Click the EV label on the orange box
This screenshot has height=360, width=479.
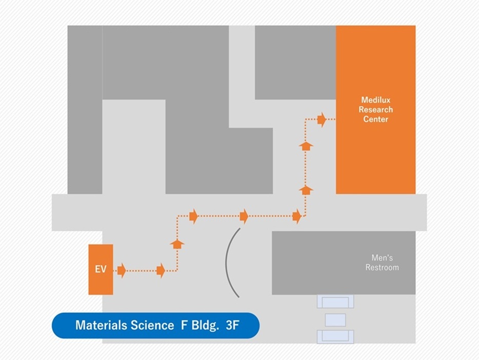(101, 269)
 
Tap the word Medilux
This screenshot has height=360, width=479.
(375, 100)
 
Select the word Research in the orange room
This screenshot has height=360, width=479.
(375, 110)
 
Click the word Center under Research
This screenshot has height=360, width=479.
(375, 119)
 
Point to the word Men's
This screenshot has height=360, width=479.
(382, 258)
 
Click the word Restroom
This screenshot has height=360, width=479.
(382, 267)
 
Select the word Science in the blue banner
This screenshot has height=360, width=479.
(151, 325)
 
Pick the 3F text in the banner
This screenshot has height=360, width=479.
(232, 325)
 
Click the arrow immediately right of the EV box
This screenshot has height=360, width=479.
(122, 270)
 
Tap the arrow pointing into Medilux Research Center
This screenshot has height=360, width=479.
(322, 119)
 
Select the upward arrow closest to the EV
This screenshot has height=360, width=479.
(177, 244)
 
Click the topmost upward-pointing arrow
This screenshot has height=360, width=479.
(306, 146)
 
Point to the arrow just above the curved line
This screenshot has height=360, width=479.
(244, 216)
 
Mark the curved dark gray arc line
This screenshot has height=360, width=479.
(227, 262)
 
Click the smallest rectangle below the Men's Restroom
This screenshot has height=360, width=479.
(335, 321)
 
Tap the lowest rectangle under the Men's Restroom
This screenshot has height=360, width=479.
(335, 336)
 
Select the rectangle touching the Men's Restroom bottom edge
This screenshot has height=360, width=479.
(335, 301)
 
